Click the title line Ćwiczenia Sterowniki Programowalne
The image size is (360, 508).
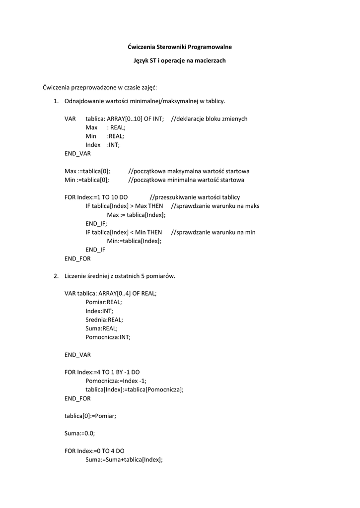(180, 47)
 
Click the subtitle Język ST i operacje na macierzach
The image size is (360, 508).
(180, 61)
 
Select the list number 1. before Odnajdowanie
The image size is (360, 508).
(56, 101)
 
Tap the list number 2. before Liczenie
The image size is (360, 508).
(56, 276)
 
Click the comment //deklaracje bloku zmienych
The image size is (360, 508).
(209, 119)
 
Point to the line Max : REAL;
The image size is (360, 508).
(105, 127)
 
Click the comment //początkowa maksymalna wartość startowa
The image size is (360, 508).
(189, 171)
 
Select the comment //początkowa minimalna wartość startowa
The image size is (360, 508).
(186, 180)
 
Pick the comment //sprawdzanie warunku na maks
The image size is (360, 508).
(215, 206)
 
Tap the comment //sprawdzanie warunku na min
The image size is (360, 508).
(213, 232)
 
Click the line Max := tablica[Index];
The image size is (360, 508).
(136, 215)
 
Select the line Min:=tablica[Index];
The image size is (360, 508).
(134, 241)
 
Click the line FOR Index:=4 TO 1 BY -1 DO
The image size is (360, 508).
(105, 372)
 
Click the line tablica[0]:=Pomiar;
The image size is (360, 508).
(90, 416)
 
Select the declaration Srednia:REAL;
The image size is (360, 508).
(104, 319)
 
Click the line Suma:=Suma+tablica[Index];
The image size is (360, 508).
(124, 459)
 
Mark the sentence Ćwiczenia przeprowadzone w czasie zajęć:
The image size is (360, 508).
(100, 88)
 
